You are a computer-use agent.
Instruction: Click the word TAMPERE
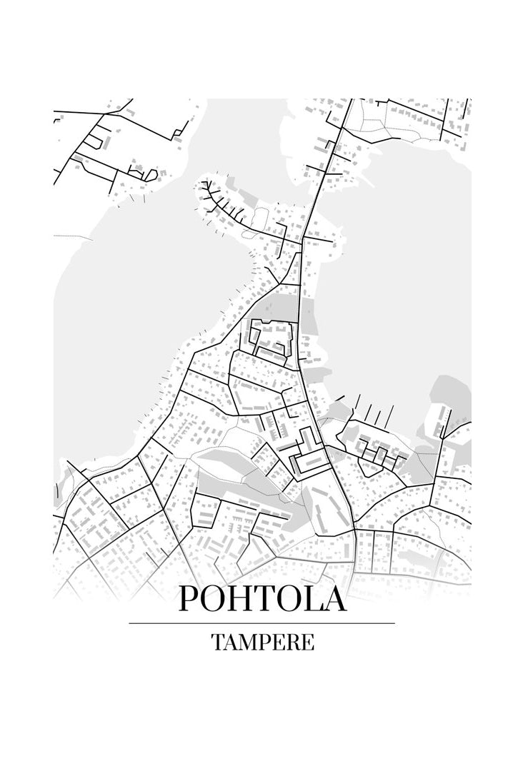click(262, 642)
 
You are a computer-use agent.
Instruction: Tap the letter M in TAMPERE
click(246, 642)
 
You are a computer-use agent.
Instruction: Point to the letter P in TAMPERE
click(264, 642)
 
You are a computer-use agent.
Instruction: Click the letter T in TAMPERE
click(217, 642)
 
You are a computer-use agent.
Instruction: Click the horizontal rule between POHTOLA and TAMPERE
click(261, 623)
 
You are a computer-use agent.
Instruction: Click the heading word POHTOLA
click(261, 598)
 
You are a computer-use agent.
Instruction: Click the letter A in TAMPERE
click(230, 642)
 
